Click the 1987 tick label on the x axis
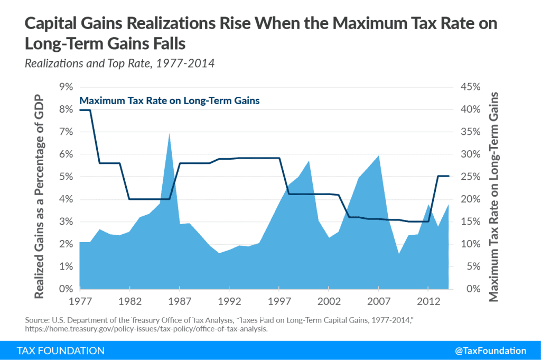pos(179,300)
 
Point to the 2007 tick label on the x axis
pos(378,300)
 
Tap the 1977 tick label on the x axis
pos(80,300)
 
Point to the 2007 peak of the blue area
pos(378,156)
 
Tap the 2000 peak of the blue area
pos(309,161)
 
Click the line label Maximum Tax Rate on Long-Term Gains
pos(169,100)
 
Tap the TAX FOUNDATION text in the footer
pos(60,350)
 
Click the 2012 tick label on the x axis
pos(428,300)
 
